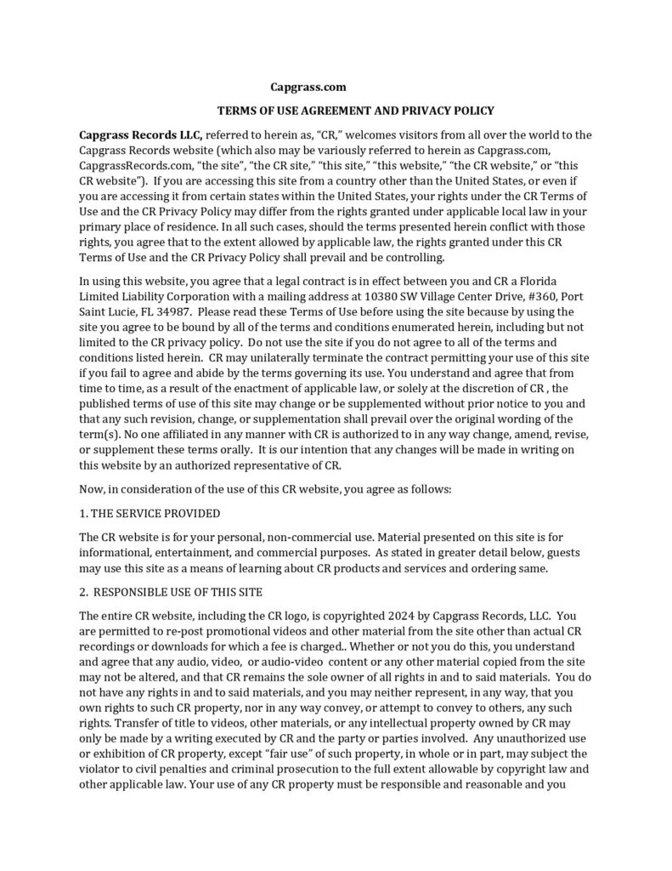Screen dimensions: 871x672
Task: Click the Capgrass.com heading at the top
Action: pos(308,87)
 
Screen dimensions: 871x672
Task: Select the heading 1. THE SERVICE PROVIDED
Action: pos(150,513)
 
